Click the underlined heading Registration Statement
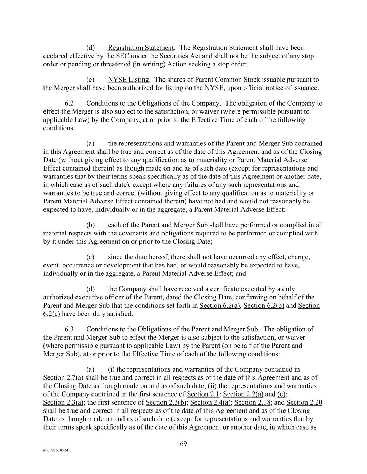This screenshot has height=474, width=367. pos(141,48)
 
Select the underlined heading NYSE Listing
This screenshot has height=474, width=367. pos(128,80)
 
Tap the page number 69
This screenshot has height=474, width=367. pos(184,443)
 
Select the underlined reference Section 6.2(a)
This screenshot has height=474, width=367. pos(220,306)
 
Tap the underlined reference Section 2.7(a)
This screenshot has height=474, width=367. pos(63,378)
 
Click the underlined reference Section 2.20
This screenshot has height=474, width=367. pos(304,402)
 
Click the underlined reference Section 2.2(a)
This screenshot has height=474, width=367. pos(243,394)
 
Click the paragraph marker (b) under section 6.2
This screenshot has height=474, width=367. pos(90,225)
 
